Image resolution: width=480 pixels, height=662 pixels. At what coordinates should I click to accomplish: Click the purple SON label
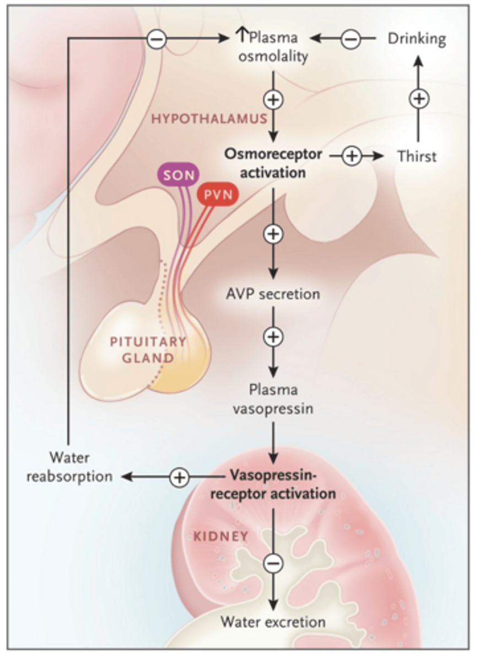(179, 175)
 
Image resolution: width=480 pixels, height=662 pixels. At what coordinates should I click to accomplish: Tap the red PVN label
(218, 194)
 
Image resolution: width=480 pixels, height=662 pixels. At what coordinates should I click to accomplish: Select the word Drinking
(417, 39)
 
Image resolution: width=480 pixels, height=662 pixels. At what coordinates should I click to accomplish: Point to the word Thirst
(417, 156)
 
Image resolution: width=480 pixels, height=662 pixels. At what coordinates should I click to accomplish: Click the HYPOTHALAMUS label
(209, 119)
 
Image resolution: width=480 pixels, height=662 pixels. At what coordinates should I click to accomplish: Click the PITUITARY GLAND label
(148, 350)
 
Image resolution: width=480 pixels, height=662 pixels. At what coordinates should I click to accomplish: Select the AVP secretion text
(273, 294)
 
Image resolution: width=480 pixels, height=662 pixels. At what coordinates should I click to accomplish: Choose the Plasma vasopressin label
(273, 399)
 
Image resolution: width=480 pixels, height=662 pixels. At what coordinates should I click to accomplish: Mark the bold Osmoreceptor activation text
(273, 163)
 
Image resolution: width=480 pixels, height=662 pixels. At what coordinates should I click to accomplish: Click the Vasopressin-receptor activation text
(273, 485)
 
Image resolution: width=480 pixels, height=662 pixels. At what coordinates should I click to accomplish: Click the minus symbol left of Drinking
(350, 39)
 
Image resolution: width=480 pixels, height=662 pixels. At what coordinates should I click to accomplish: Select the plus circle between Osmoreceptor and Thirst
(352, 156)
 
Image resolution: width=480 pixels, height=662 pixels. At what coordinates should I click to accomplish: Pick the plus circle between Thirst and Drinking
(419, 98)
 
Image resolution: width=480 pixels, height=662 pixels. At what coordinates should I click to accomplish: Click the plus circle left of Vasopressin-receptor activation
(179, 477)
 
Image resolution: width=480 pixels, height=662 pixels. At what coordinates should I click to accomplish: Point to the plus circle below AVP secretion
(273, 337)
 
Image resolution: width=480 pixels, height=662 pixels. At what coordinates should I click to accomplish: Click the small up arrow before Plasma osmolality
(242, 35)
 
